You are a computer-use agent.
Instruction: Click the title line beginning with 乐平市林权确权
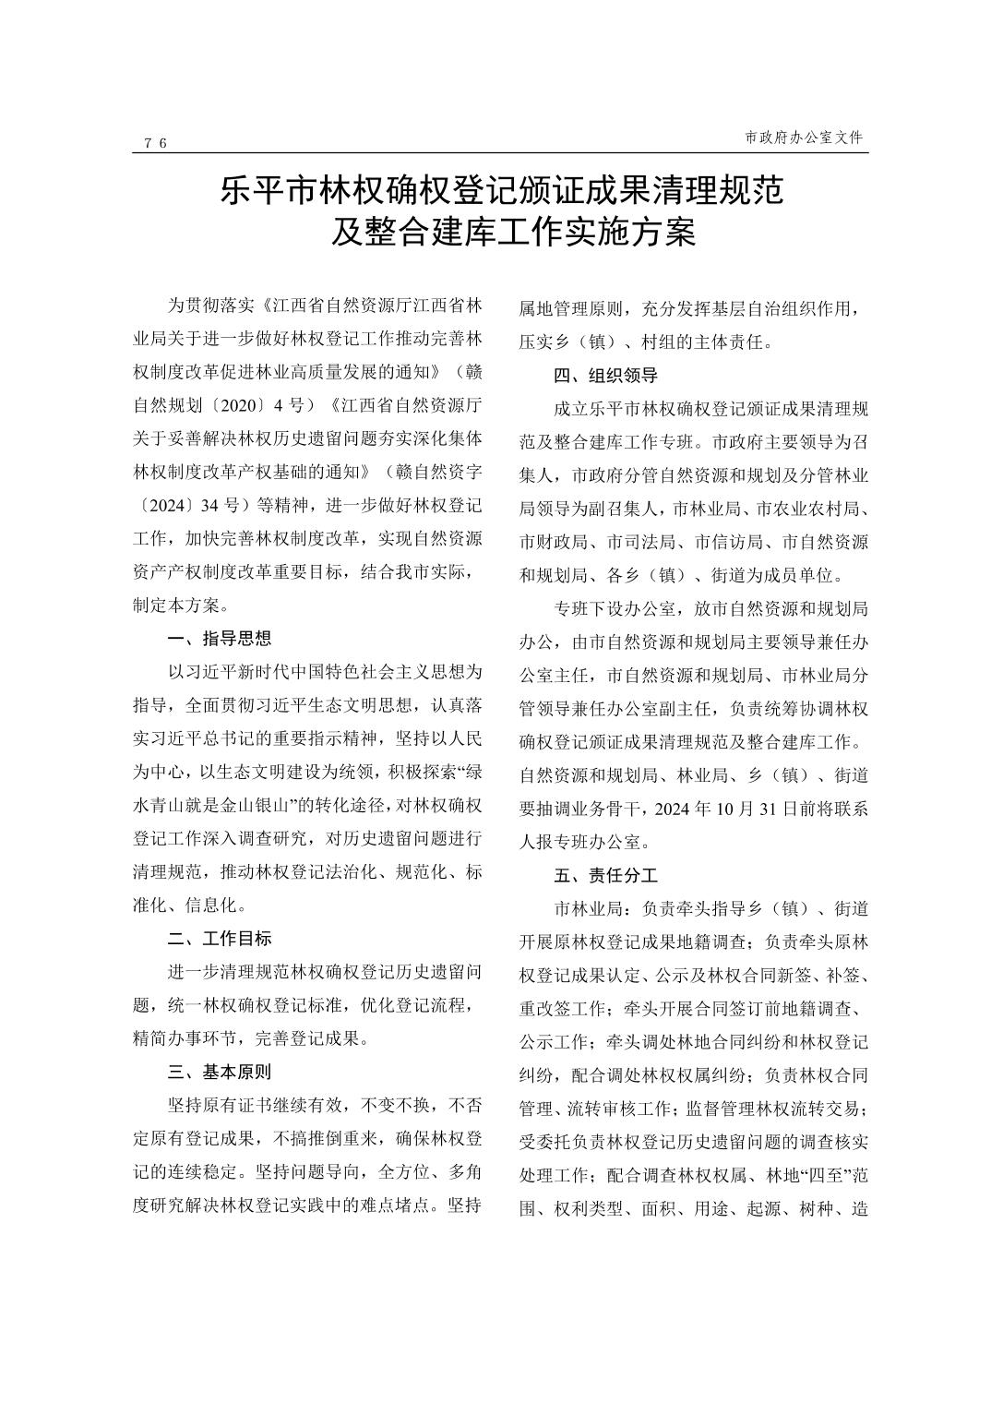[x=502, y=190]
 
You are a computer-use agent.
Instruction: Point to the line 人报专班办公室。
[x=585, y=842]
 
